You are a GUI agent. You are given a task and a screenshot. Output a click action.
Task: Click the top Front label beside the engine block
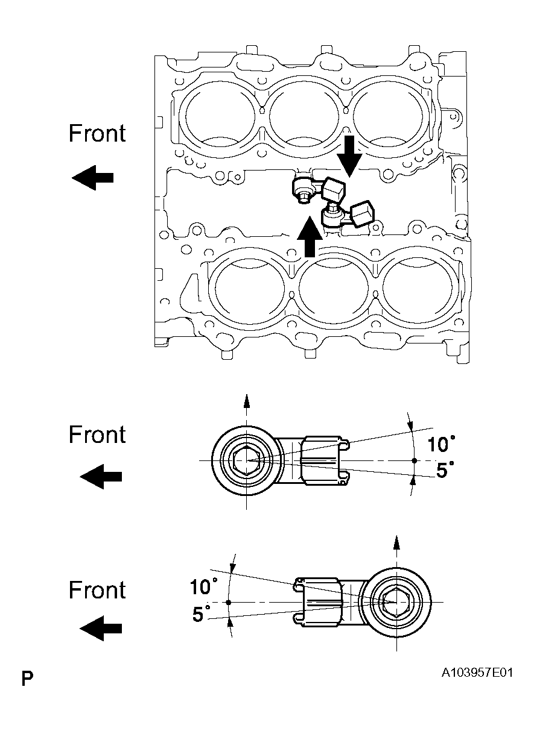point(97,133)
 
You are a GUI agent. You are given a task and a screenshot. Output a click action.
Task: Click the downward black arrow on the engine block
point(349,156)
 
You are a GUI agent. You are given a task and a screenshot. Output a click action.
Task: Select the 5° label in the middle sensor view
point(445,470)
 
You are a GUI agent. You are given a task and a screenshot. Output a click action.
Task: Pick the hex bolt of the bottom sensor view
point(396,601)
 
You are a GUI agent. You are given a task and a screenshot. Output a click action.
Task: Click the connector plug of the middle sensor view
point(324,460)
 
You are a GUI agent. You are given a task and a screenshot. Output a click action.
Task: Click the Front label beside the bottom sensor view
point(97,589)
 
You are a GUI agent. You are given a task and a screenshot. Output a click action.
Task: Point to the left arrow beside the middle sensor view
point(100,477)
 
